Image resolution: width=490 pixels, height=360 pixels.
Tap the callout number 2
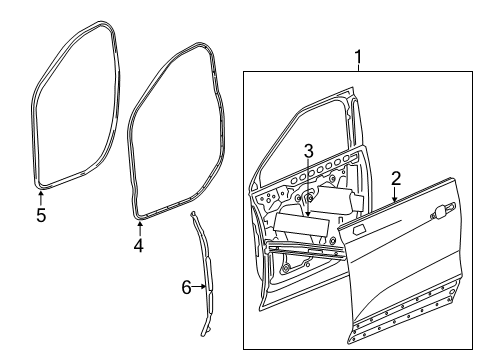pos(396,179)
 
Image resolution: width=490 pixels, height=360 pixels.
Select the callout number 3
pos(309,151)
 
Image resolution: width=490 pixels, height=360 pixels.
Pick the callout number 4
pos(139,243)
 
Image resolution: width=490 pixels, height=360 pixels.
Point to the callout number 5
pos(40,213)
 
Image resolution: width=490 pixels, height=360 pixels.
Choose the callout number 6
pos(186,288)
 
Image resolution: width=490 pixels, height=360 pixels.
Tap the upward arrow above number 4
pos(139,221)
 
